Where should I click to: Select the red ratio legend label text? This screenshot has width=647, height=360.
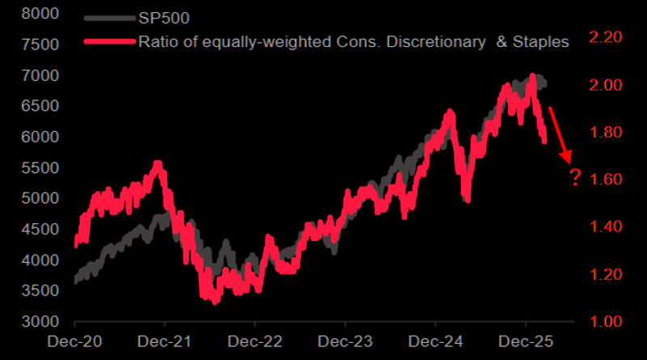[x=352, y=40]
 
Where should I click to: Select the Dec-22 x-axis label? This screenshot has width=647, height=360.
[x=254, y=344]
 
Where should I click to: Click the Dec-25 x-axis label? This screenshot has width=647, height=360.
[x=525, y=344]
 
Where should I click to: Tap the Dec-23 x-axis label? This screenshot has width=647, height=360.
[x=345, y=344]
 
